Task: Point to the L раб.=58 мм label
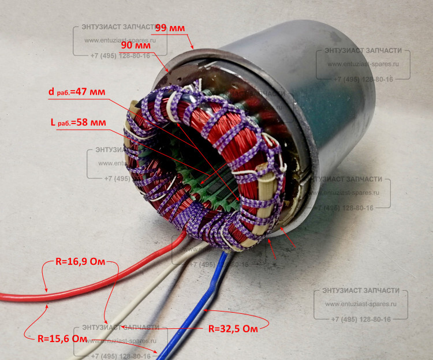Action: pyautogui.click(x=78, y=122)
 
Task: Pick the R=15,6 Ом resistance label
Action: pyautogui.click(x=62, y=338)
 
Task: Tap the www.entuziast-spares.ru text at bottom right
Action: pyautogui.click(x=361, y=305)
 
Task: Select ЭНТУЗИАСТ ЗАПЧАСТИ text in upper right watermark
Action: pyautogui.click(x=363, y=51)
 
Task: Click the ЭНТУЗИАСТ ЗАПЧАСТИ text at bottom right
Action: pyautogui.click(x=361, y=290)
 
